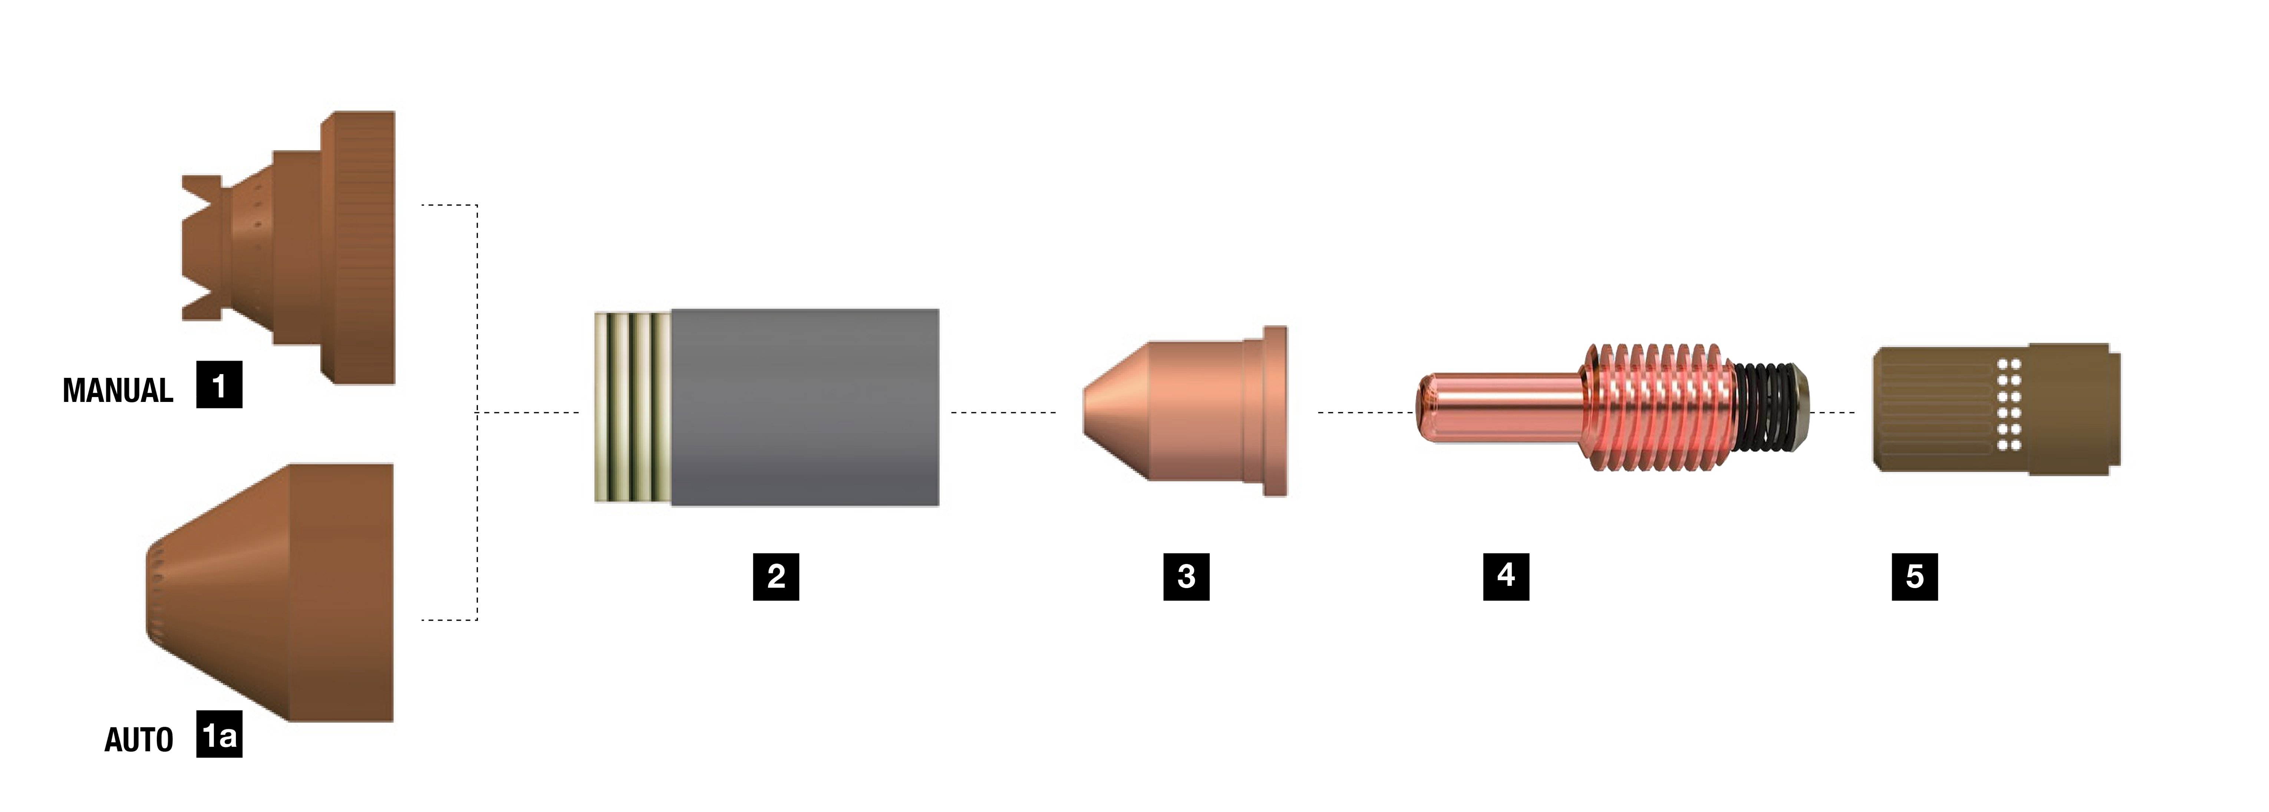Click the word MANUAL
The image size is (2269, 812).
(118, 390)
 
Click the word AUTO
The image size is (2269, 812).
(139, 740)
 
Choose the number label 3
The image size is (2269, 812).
(1187, 577)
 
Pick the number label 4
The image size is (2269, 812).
(1506, 577)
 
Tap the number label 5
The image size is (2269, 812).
(1915, 577)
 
